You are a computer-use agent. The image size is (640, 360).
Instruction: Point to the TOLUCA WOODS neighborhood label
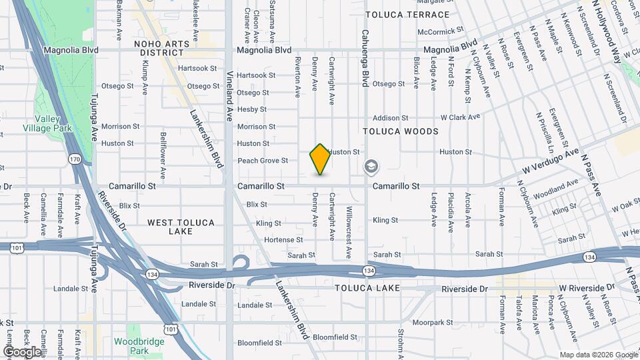coord(400,131)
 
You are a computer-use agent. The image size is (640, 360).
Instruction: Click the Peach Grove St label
coord(263,161)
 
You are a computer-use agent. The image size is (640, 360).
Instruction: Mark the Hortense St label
coord(284,240)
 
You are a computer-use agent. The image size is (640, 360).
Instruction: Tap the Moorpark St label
coord(428,323)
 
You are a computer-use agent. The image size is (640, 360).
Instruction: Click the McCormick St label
coord(440,31)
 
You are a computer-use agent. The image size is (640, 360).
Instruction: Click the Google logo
coord(22,351)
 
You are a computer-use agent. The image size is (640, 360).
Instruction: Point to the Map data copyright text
coord(597,355)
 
